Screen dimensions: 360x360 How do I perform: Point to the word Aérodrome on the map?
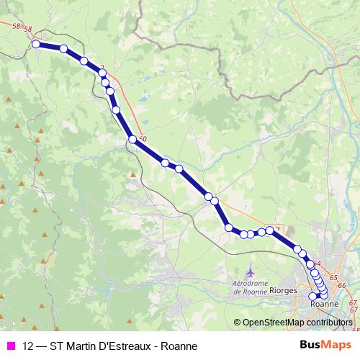pyautogui.click(x=250, y=284)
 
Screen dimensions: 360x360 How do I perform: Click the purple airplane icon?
pyautogui.click(x=250, y=274)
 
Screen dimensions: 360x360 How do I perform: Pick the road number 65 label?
pyautogui.click(x=333, y=277)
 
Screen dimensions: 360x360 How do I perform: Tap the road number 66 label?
pyautogui.click(x=342, y=286)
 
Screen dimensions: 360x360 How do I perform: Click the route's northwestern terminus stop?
pyautogui.click(x=36, y=44)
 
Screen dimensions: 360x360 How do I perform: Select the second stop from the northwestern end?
pyautogui.click(x=63, y=49)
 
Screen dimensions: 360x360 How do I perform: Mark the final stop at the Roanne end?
pyautogui.click(x=312, y=296)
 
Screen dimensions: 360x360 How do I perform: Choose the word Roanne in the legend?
pyautogui.click(x=179, y=346)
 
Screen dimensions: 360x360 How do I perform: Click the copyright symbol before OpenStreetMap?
pyautogui.click(x=238, y=322)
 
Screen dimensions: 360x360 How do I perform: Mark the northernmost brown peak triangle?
pyautogui.click(x=6, y=99)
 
